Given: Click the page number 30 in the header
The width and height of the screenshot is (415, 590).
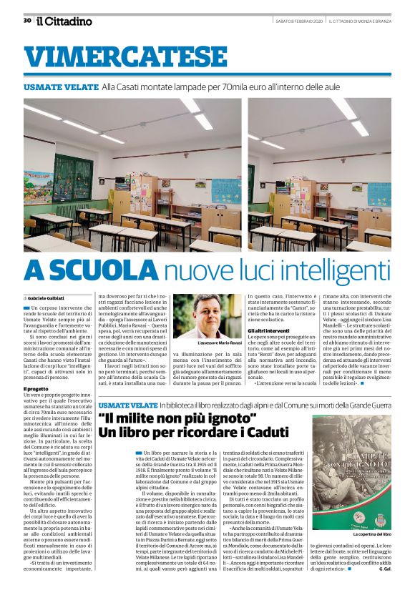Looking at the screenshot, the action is [x=27, y=21].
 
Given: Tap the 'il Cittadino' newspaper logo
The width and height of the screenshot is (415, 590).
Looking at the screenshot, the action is [x=65, y=21].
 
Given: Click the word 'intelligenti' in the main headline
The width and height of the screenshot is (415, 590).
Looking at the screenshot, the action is [x=326, y=270].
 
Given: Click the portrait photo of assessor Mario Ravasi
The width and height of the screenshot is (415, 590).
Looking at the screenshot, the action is [x=218, y=315].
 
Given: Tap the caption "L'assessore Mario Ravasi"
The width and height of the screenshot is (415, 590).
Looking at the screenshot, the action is [x=218, y=343].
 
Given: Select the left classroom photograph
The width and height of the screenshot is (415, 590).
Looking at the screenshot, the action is [x=132, y=174].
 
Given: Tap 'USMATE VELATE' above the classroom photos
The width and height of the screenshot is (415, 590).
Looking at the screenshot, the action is [x=61, y=87].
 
